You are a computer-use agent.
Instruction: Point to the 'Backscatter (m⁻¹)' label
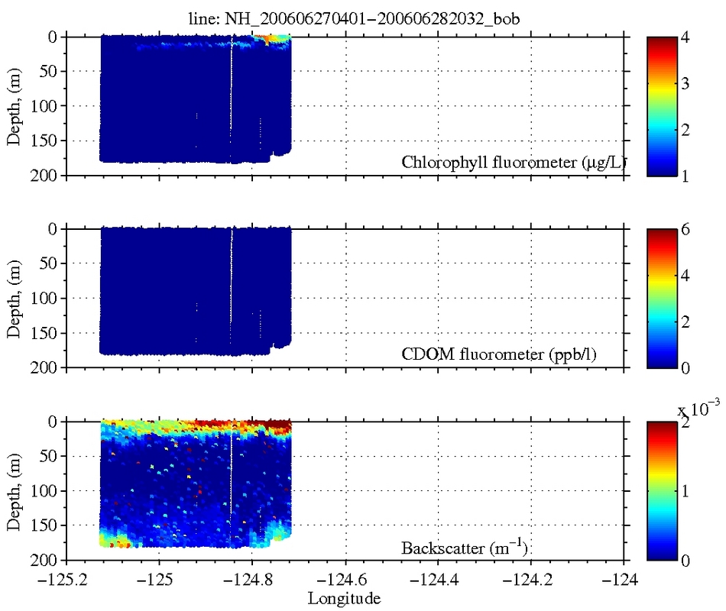pos(465,547)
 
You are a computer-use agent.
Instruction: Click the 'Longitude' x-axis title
pos(344,598)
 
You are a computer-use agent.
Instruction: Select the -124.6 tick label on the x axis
pos(345,580)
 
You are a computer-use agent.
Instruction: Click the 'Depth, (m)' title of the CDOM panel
pos(14,298)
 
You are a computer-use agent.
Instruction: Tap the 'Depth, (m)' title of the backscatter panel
pos(14,490)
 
